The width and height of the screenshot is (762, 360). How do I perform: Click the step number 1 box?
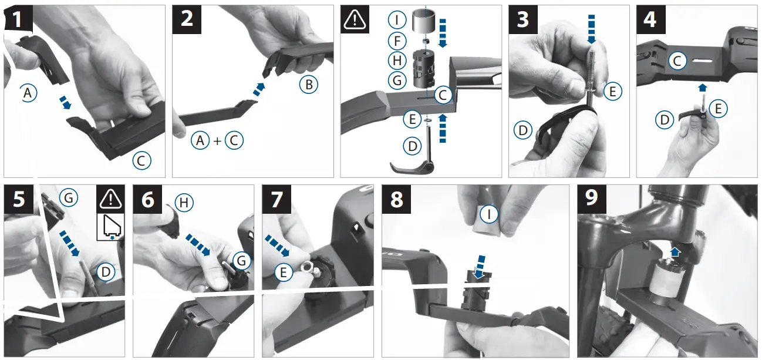[x=18, y=19]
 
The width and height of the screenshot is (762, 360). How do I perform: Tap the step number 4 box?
[x=651, y=19]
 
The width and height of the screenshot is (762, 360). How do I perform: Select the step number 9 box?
[x=592, y=199]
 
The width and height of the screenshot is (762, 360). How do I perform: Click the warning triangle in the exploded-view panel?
[x=355, y=19]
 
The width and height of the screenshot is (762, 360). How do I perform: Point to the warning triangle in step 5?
[x=110, y=199]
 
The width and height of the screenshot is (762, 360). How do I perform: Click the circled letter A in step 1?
[x=28, y=93]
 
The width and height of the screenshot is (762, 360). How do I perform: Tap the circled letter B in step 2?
[x=309, y=85]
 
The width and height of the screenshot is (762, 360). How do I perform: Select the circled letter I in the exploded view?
[x=397, y=20]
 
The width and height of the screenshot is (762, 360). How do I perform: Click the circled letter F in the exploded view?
[x=397, y=41]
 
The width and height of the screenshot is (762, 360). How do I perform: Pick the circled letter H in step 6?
[x=184, y=203]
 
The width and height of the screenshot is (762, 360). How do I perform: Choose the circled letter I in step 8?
[x=489, y=214]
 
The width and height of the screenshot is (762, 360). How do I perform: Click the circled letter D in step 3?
[x=523, y=130]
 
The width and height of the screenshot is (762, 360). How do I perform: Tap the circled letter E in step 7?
[x=284, y=272]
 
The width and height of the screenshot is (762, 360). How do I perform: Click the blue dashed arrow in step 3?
[x=592, y=29]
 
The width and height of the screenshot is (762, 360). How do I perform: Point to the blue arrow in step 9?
[x=675, y=252]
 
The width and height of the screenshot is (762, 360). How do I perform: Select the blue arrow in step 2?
[x=259, y=89]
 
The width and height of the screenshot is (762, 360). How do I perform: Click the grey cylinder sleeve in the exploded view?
[x=424, y=21]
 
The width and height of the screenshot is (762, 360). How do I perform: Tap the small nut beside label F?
[x=425, y=41]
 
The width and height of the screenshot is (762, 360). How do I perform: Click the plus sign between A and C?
[x=217, y=140]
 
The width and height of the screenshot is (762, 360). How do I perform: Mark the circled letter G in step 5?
[x=69, y=198]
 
